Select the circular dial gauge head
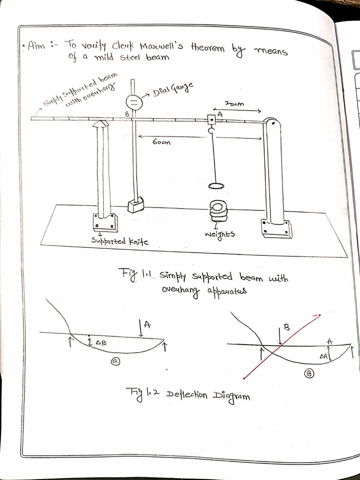[x=134, y=102]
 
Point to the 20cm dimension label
[x=234, y=104]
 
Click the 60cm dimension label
[x=162, y=142]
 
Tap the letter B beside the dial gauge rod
[x=127, y=113]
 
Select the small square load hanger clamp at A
[x=211, y=120]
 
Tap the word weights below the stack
[x=219, y=233]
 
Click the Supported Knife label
[x=120, y=241]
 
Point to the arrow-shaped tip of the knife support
[x=101, y=124]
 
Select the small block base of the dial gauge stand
[x=135, y=205]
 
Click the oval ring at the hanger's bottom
[x=216, y=186]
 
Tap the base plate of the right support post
[x=277, y=228]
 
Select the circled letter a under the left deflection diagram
[x=114, y=361]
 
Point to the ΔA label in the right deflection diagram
[x=323, y=356]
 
